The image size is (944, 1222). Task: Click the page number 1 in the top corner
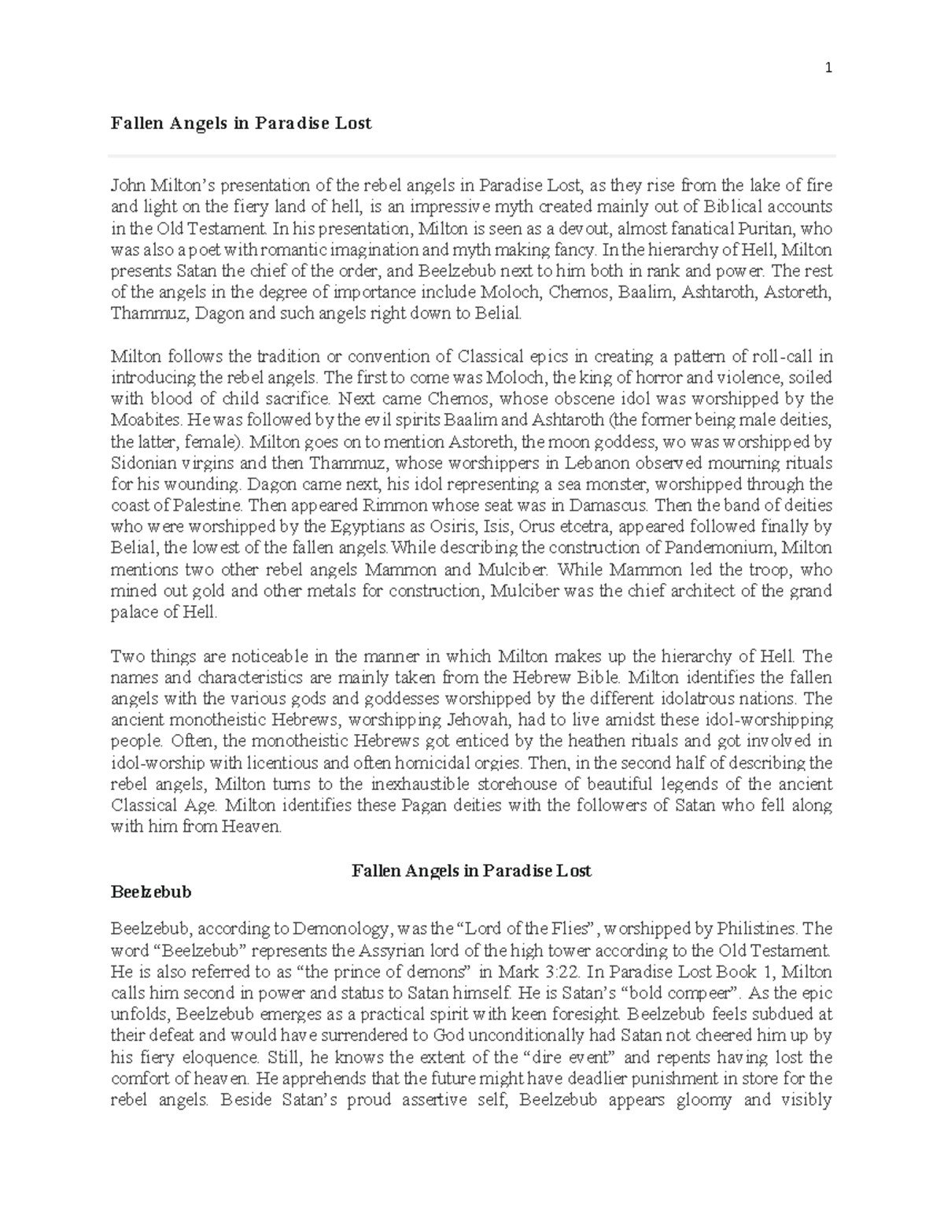[828, 68]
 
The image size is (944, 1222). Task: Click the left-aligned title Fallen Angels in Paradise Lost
[241, 124]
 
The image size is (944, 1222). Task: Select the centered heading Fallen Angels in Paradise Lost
[471, 870]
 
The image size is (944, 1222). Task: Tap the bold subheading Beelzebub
[151, 892]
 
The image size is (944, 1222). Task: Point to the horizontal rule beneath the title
[472, 156]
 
